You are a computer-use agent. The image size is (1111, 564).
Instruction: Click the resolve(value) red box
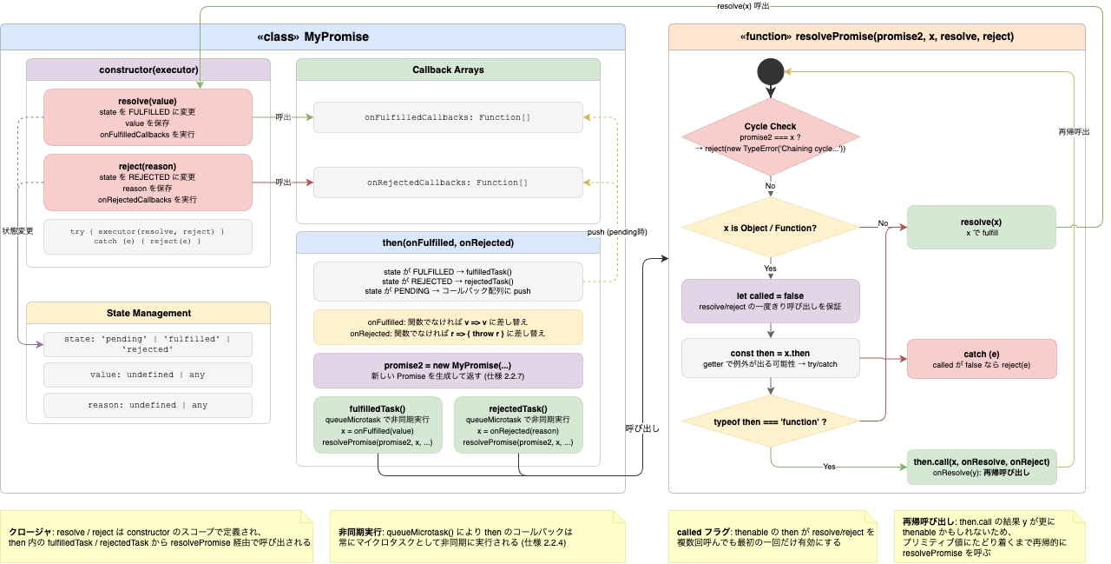pyautogui.click(x=148, y=117)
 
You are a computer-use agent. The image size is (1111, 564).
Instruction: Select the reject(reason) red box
pyautogui.click(x=148, y=182)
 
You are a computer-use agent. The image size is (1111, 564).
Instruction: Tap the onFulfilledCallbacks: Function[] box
pyautogui.click(x=448, y=117)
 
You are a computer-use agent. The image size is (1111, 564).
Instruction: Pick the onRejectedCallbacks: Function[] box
pyautogui.click(x=448, y=182)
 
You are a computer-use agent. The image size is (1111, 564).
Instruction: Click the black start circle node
pyautogui.click(x=770, y=72)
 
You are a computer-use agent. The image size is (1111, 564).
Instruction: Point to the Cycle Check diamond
pyautogui.click(x=770, y=137)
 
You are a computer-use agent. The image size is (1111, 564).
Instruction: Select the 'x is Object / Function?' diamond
pyautogui.click(x=770, y=229)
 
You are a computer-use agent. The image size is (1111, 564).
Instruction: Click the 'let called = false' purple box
pyautogui.click(x=770, y=301)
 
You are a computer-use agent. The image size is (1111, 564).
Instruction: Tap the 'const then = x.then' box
pyautogui.click(x=770, y=359)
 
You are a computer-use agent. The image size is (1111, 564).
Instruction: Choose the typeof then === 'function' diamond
pyautogui.click(x=770, y=422)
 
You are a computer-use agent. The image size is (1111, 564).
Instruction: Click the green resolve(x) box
pyautogui.click(x=981, y=227)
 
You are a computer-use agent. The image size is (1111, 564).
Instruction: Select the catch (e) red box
pyautogui.click(x=981, y=359)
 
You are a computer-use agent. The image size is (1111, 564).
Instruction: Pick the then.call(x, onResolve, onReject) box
pyautogui.click(x=981, y=468)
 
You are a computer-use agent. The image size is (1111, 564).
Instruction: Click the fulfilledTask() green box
pyautogui.click(x=378, y=425)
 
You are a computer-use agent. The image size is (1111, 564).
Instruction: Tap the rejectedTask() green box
pyautogui.click(x=518, y=425)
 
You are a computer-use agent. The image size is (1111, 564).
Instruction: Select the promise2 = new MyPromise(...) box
pyautogui.click(x=448, y=370)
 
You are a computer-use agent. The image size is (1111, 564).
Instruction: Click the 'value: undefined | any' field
pyautogui.click(x=148, y=375)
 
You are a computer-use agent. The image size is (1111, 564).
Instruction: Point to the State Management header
pyautogui.click(x=148, y=313)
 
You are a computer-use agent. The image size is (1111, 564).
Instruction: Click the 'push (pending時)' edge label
pyautogui.click(x=617, y=233)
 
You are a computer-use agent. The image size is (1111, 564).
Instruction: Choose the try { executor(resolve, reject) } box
pyautogui.click(x=148, y=236)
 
